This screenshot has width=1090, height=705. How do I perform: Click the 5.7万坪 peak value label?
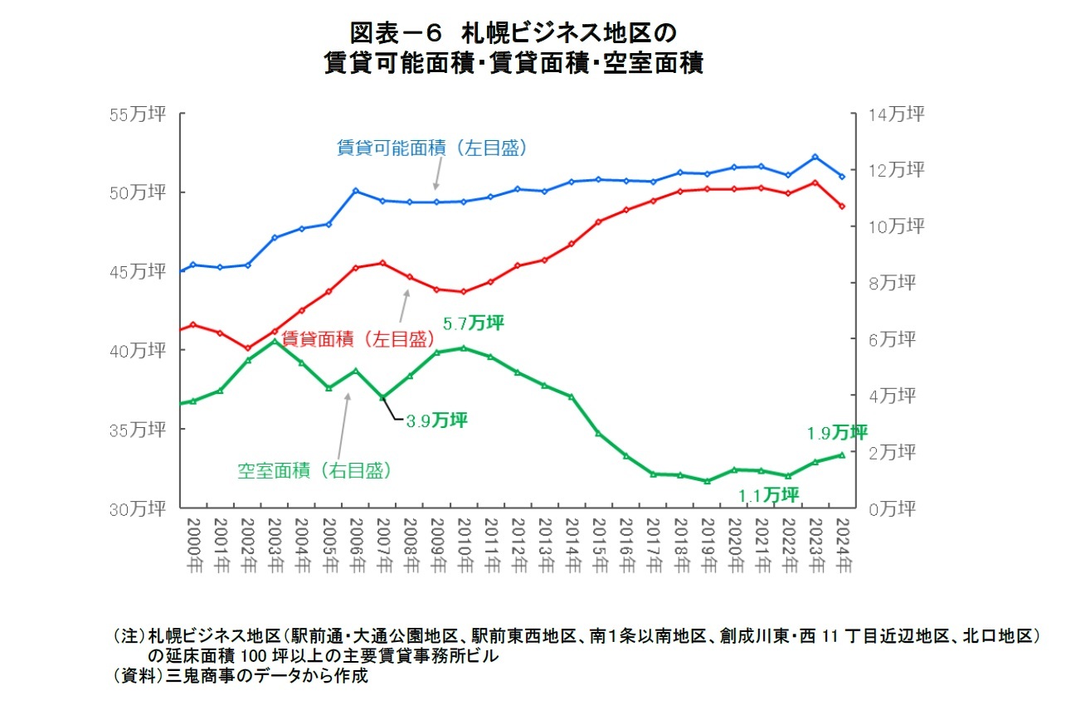point(474,323)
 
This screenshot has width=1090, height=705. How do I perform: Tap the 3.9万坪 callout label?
point(436,421)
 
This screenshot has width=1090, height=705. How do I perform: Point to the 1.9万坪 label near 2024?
point(836,433)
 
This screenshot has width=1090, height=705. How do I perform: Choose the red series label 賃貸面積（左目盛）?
point(358,338)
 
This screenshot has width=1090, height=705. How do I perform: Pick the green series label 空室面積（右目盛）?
point(314,470)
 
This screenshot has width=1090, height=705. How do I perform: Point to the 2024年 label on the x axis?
point(843,545)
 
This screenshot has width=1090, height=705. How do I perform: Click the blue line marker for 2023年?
point(815,157)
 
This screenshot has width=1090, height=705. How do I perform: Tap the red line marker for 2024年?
point(842,206)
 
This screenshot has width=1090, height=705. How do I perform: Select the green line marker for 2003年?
point(275,342)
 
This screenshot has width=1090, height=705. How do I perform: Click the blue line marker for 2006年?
point(356,191)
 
